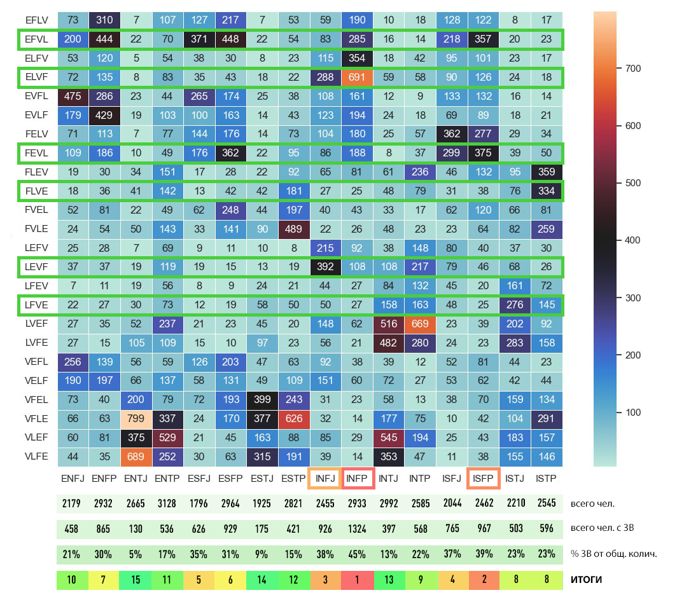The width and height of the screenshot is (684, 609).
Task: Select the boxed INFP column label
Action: pyautogui.click(x=358, y=478)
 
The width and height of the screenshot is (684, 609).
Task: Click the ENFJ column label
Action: pyautogui.click(x=73, y=478)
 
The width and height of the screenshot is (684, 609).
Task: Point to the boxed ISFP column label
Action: pyautogui.click(x=484, y=478)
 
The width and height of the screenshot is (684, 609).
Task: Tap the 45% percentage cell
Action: pyautogui.click(x=358, y=554)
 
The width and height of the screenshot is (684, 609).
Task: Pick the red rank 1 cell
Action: pyautogui.click(x=358, y=580)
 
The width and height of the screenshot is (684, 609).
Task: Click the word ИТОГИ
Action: pyautogui.click(x=586, y=580)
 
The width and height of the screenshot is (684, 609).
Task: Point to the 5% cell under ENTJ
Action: pyautogui.click(x=136, y=554)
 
